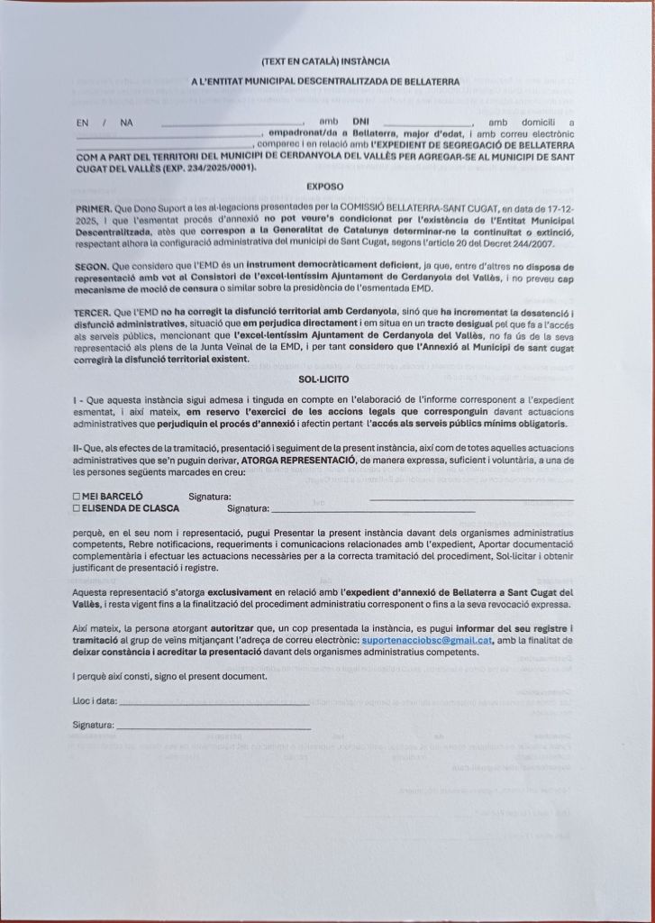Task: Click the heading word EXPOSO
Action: (323, 187)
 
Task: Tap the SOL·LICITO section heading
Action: (324, 379)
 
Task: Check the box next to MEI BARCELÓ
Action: (77, 497)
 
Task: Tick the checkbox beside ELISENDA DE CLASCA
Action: (77, 508)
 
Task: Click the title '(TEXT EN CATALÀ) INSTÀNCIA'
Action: (325, 62)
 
